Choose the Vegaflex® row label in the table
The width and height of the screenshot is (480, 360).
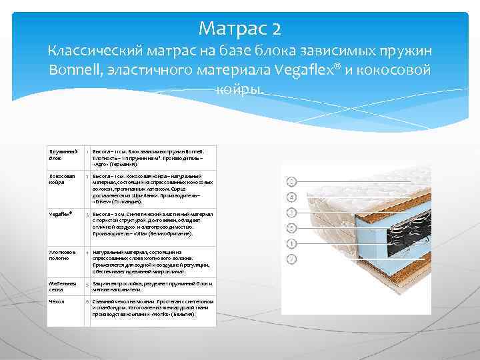coord(61,215)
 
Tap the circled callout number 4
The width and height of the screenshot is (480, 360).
coord(291,197)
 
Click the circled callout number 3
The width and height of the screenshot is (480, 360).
coord(291,212)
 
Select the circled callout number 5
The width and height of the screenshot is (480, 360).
coord(291,227)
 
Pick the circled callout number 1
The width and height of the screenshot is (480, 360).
coord(291,243)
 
